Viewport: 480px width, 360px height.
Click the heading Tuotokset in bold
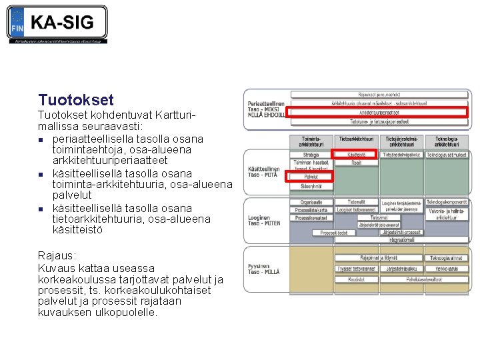[76, 100]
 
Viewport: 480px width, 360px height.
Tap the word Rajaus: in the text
[57, 256]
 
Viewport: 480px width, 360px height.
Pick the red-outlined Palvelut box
[311, 177]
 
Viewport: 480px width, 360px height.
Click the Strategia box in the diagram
[311, 155]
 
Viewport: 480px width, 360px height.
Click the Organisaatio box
[311, 201]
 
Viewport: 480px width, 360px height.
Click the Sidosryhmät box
[311, 185]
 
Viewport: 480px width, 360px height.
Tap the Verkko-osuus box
[446, 269]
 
